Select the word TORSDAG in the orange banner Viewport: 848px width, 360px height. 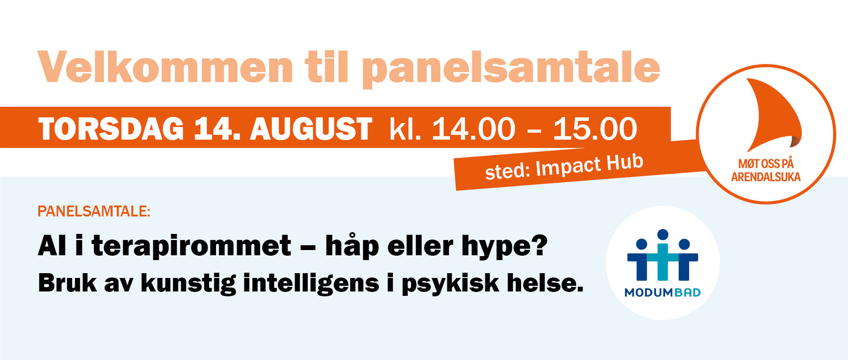click(111, 129)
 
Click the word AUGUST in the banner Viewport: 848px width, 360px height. click(311, 129)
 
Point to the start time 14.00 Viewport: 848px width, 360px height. click(474, 129)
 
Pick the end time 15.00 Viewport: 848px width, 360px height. click(595, 129)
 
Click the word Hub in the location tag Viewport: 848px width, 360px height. click(625, 162)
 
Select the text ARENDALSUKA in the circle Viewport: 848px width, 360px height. click(766, 177)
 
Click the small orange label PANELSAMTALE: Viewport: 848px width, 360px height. click(94, 211)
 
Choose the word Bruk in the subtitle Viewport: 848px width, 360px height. click(67, 283)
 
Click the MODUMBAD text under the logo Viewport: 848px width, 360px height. click(663, 292)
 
